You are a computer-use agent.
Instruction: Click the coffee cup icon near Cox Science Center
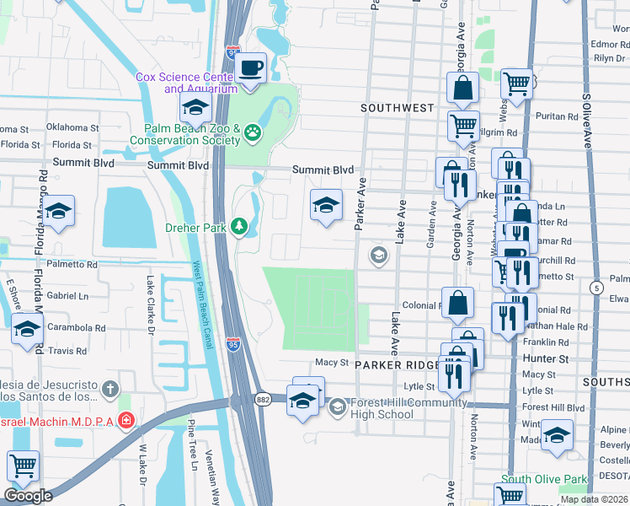(250, 67)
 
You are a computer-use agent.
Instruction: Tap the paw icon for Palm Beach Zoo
(252, 133)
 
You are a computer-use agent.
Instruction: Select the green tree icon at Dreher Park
(239, 227)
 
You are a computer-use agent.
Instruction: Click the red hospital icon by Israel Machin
(125, 419)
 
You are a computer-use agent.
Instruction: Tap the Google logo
(28, 496)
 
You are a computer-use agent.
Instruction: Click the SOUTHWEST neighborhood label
(397, 108)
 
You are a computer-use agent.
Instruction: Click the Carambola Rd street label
(77, 328)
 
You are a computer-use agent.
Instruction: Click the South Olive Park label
(538, 480)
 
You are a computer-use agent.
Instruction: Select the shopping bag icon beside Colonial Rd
(456, 304)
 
